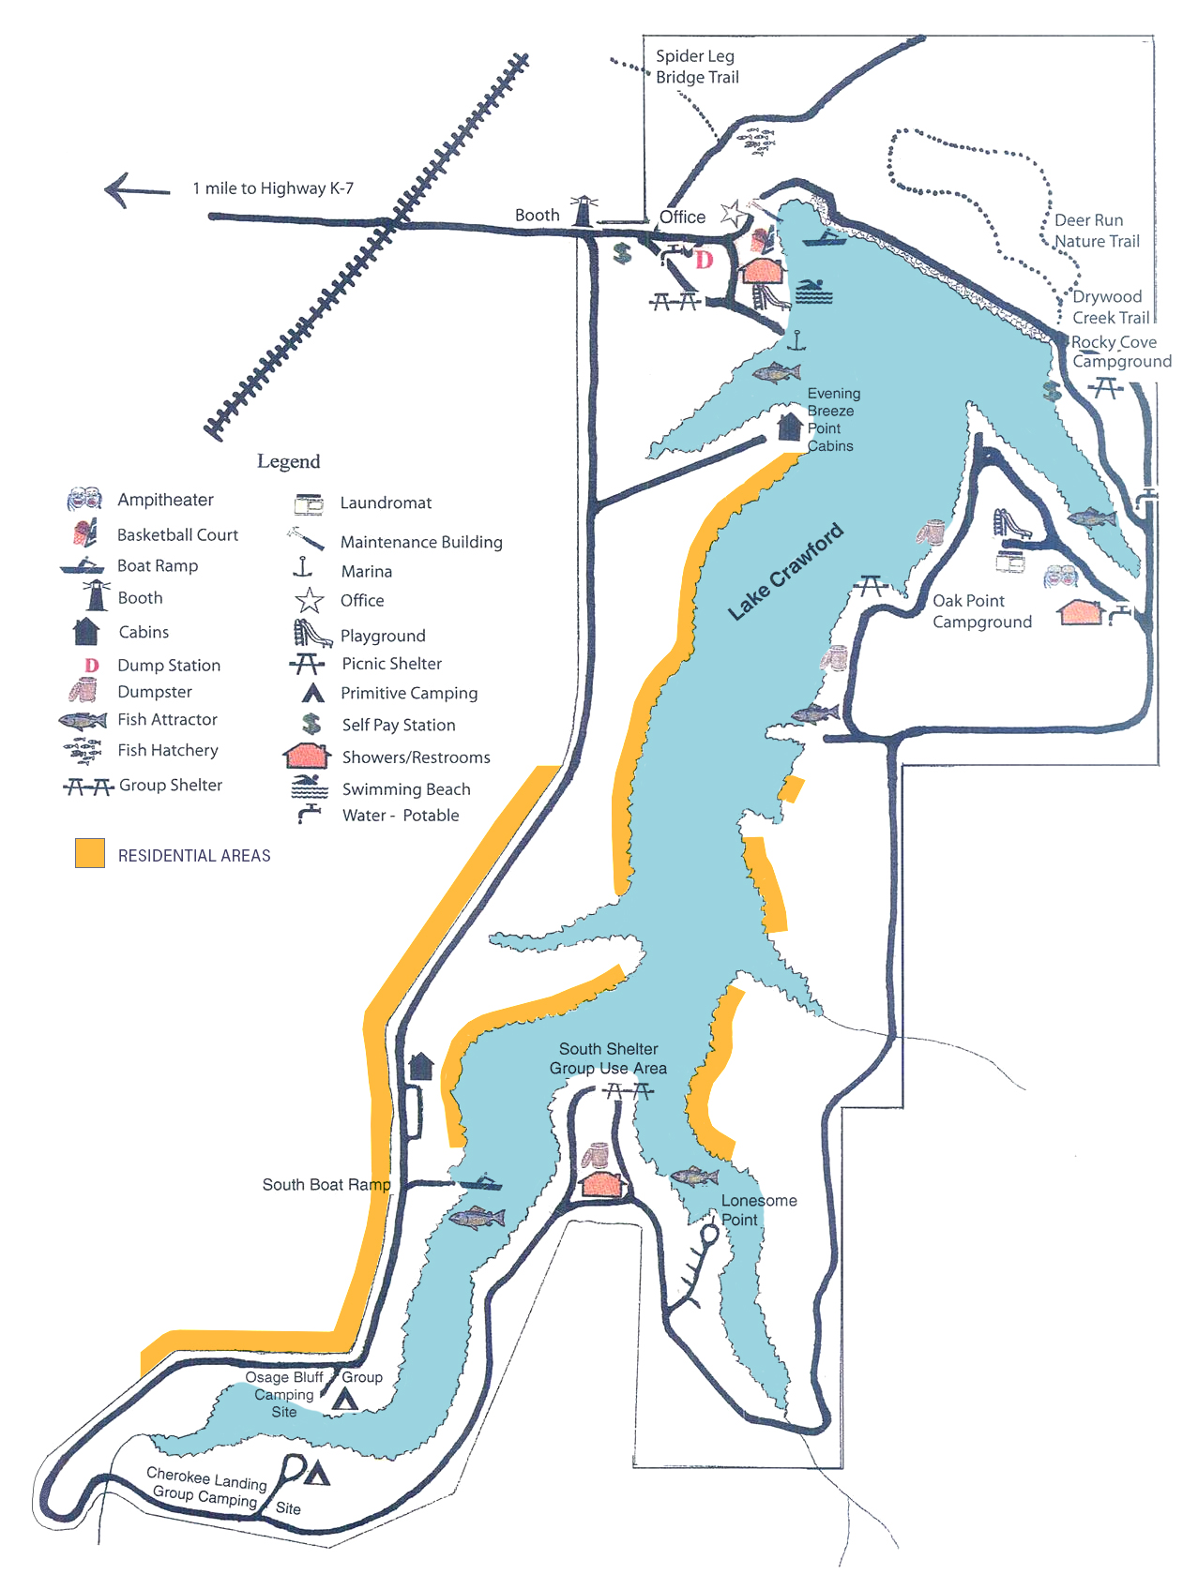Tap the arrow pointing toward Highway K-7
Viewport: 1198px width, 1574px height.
(137, 190)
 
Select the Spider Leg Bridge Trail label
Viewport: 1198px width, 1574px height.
(697, 67)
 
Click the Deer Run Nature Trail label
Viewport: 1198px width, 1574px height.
(1096, 231)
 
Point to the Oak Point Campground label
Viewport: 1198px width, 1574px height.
(981, 611)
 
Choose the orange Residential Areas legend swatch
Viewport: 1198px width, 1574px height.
(90, 853)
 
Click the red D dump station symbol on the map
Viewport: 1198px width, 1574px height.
(704, 260)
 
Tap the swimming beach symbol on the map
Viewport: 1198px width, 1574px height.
(813, 292)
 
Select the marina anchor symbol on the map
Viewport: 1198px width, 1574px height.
(796, 340)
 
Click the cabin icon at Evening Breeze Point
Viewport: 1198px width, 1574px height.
(790, 427)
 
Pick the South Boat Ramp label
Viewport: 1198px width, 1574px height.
(326, 1185)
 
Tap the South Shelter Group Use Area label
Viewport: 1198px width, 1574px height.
(608, 1058)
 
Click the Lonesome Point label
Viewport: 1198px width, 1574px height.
(758, 1210)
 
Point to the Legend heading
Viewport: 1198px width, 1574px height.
(289, 461)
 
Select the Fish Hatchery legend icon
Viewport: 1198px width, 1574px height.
(83, 751)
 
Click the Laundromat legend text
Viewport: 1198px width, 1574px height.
(386, 503)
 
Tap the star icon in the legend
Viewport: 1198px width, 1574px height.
(309, 600)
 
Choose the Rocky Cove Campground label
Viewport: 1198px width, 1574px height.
(1121, 352)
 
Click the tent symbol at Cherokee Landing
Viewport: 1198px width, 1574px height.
(317, 1475)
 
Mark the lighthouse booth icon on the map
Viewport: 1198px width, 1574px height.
(584, 212)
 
